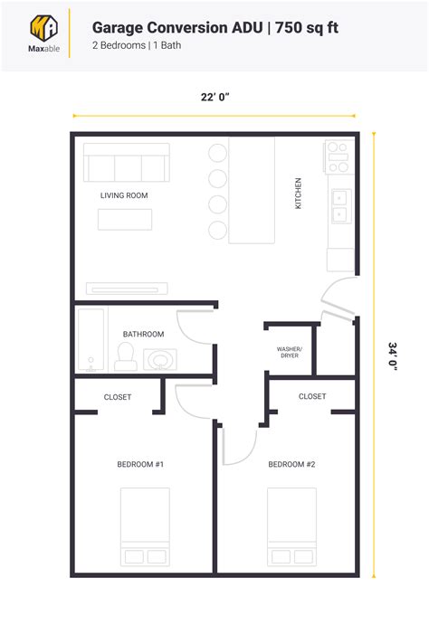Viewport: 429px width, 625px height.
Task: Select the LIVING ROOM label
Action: point(124,195)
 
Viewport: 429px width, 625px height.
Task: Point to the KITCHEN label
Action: point(299,194)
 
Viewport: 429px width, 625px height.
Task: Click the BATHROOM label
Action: point(143,335)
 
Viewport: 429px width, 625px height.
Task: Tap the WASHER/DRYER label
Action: point(290,352)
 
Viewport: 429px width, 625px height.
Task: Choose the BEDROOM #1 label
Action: point(140,465)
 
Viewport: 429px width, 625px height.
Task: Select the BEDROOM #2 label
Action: point(291,465)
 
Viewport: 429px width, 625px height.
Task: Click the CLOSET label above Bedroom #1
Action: point(118,397)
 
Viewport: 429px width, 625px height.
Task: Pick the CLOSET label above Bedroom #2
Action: point(312,396)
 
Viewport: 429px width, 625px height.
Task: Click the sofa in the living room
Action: point(126,165)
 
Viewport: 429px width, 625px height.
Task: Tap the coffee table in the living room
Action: point(125,220)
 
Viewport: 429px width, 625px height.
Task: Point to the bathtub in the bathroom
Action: point(91,341)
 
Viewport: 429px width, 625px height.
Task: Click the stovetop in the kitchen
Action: point(338,157)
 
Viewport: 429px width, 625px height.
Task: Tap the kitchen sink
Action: point(340,205)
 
